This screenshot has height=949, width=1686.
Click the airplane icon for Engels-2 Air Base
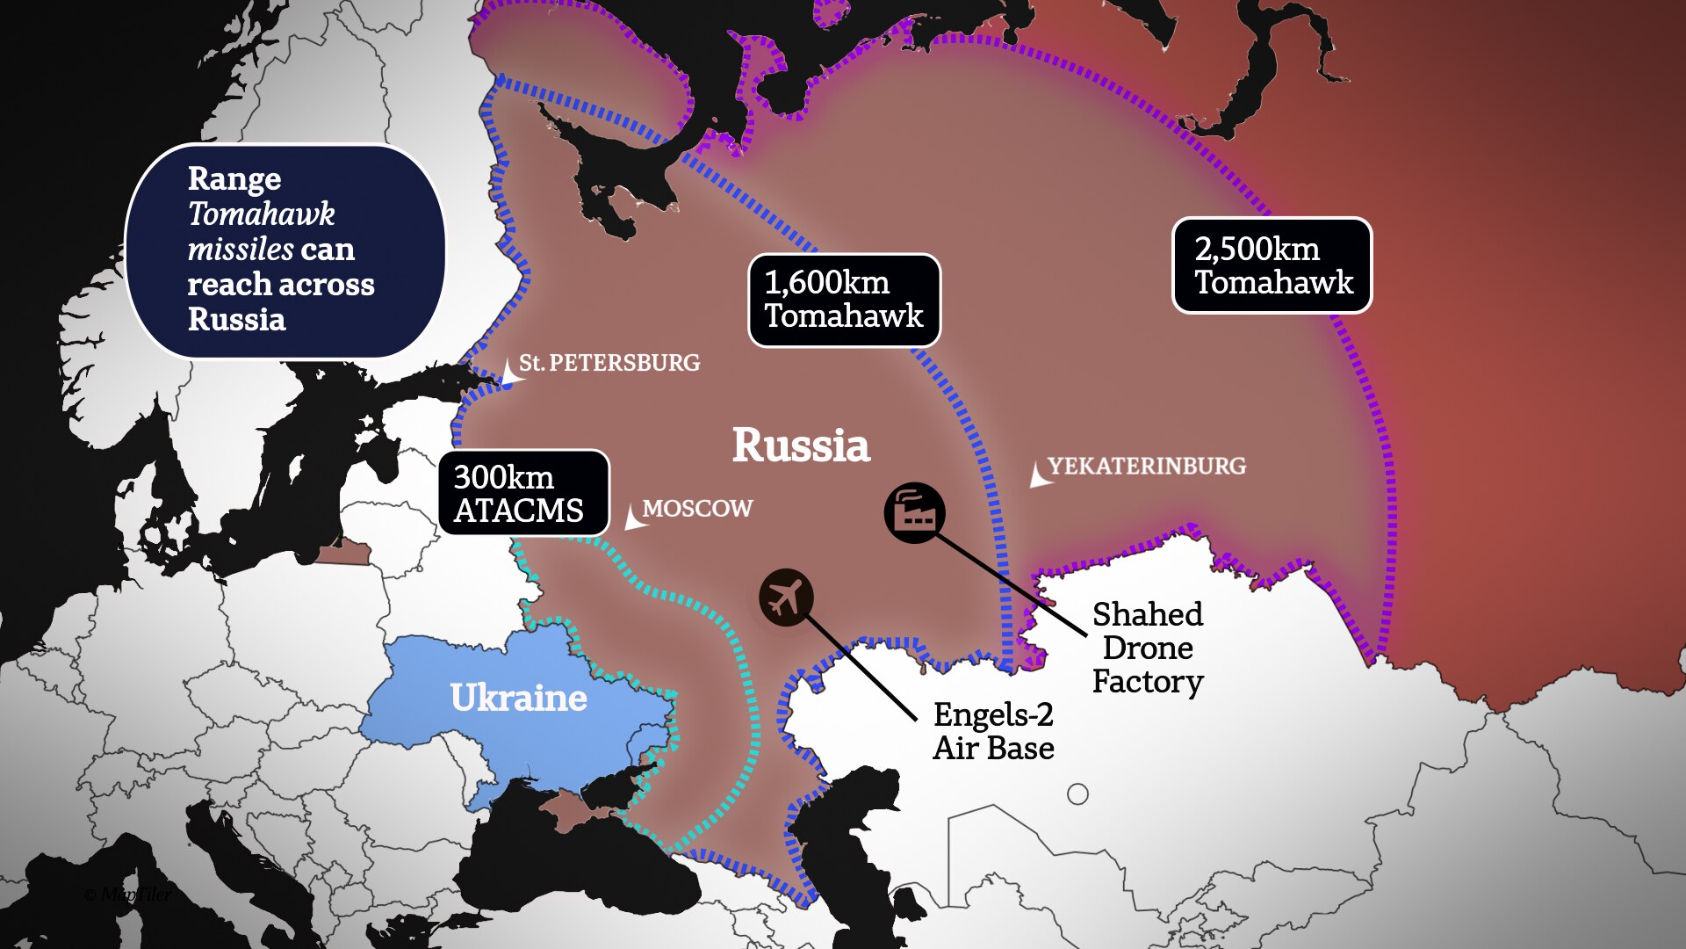pos(786,598)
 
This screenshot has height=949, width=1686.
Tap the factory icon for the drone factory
pos(914,512)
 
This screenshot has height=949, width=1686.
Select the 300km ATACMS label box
pos(523,493)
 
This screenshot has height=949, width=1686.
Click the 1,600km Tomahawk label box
pos(844,300)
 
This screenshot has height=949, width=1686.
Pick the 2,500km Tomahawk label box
pos(1272,265)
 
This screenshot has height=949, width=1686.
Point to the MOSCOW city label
pos(697,509)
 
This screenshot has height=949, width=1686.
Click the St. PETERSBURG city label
pos(609,363)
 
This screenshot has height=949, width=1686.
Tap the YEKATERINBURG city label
pos(1147,466)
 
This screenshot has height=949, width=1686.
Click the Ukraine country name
pos(518,698)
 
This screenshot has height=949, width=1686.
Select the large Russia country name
pos(801,446)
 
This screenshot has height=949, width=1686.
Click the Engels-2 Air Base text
pos(993,731)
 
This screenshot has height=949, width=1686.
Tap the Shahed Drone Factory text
pos(1147,648)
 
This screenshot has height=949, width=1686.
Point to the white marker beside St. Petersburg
pos(510,373)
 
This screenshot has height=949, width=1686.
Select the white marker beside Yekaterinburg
pos(1039,475)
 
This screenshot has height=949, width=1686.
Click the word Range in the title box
pos(234,178)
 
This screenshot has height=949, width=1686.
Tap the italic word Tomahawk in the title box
pos(262,214)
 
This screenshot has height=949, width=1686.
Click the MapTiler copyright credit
pos(128,895)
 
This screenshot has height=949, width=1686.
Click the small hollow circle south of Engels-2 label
pos(1077,794)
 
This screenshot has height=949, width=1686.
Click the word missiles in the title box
pos(241,250)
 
